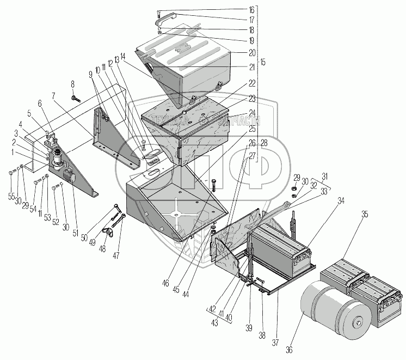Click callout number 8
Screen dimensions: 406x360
click(72, 83)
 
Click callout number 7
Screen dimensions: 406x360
click(53, 96)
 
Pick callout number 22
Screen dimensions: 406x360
click(252, 83)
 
